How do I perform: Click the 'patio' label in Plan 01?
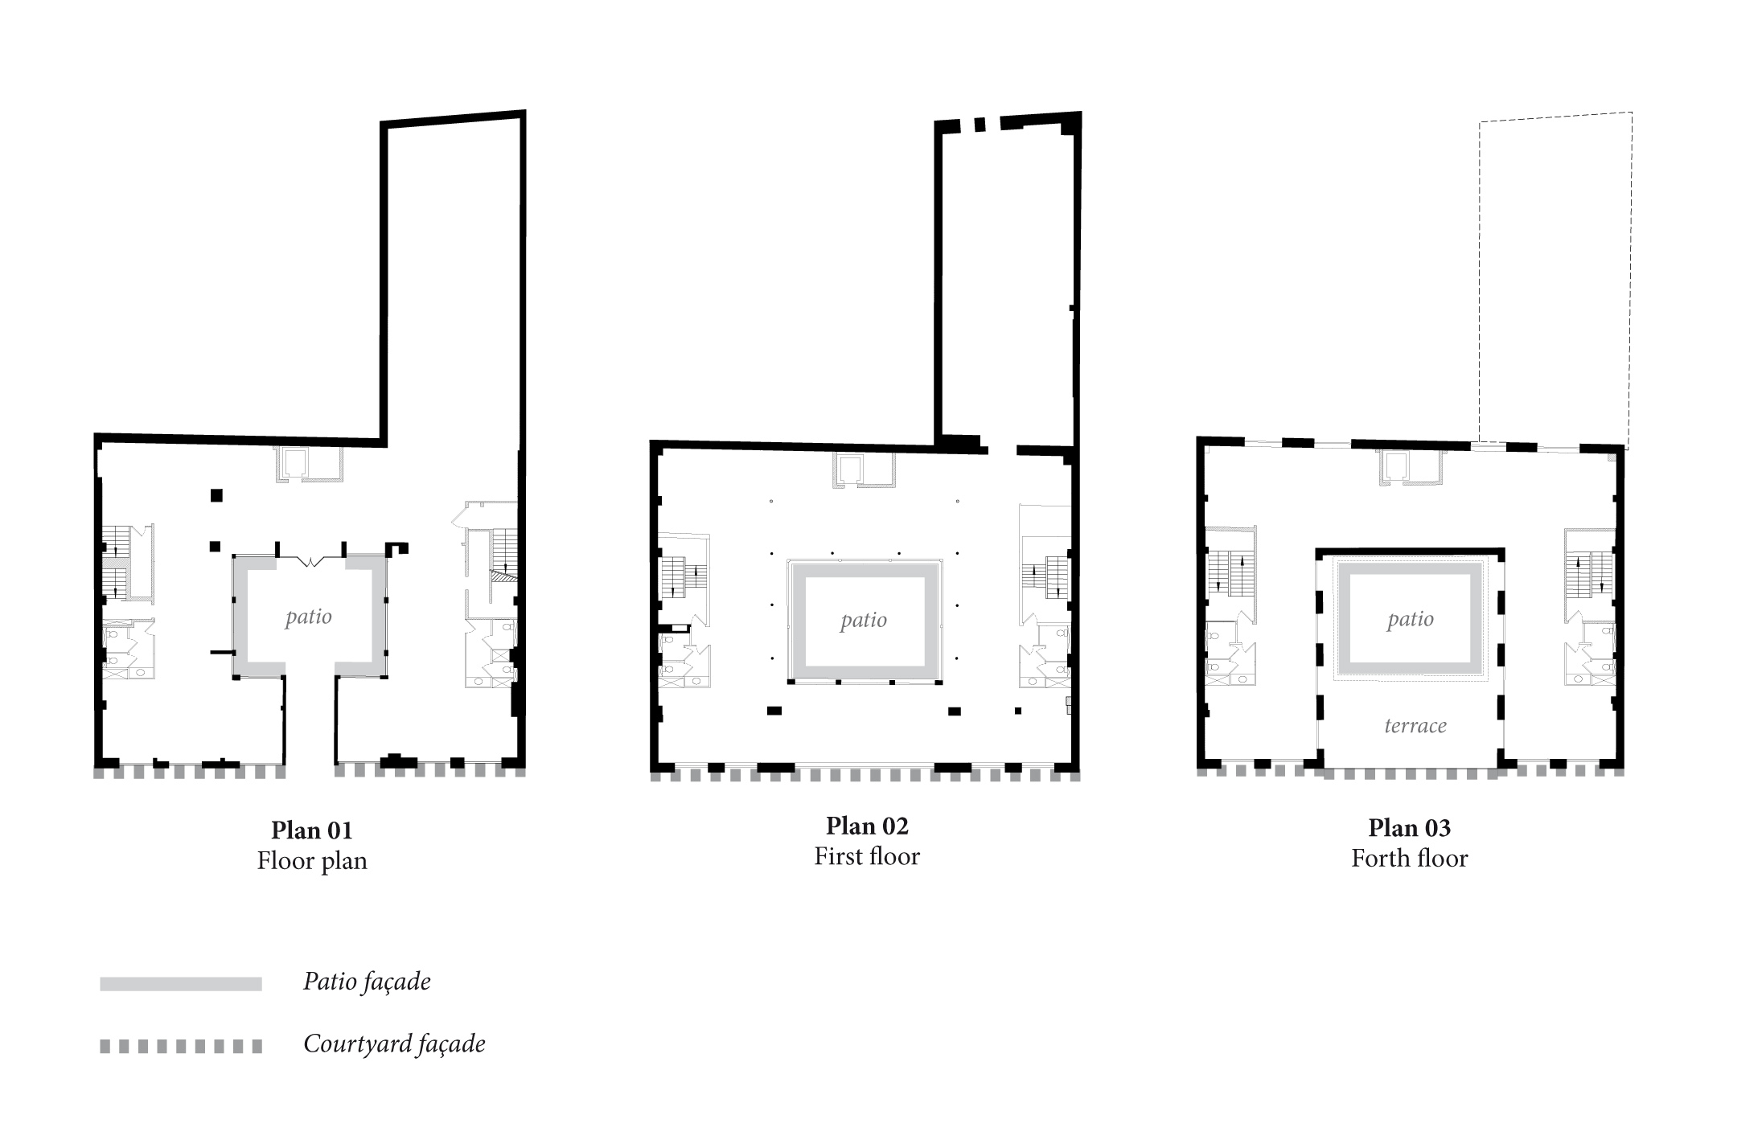(308, 617)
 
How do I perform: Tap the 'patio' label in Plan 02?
(863, 620)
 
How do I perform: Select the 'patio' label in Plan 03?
(1410, 619)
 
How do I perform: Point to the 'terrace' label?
(1415, 726)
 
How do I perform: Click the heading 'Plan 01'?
(311, 830)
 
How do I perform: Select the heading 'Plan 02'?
(867, 826)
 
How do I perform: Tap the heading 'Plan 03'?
(1409, 827)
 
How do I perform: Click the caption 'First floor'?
(867, 856)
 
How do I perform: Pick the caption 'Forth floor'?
(1409, 859)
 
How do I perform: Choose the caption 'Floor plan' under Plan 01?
(312, 861)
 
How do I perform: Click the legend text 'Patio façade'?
(367, 982)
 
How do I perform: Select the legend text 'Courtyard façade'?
(394, 1044)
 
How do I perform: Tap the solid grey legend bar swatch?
(181, 984)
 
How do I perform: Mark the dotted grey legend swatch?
(181, 1046)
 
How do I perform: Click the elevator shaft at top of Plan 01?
(294, 463)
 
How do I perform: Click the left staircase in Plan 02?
(683, 578)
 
